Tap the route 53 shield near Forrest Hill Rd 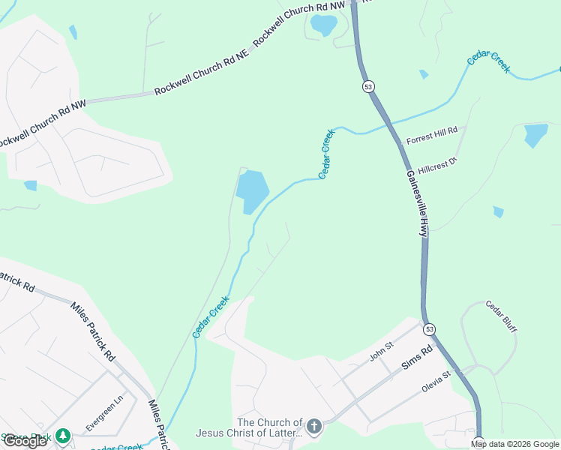[x=367, y=87]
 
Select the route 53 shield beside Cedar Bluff [x=429, y=329]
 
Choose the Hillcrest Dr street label [x=438, y=165]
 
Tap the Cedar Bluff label [x=502, y=317]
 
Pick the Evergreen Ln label [x=103, y=414]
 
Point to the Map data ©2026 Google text [x=514, y=444]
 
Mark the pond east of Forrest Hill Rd [x=535, y=135]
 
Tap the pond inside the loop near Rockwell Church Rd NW [x=324, y=25]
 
